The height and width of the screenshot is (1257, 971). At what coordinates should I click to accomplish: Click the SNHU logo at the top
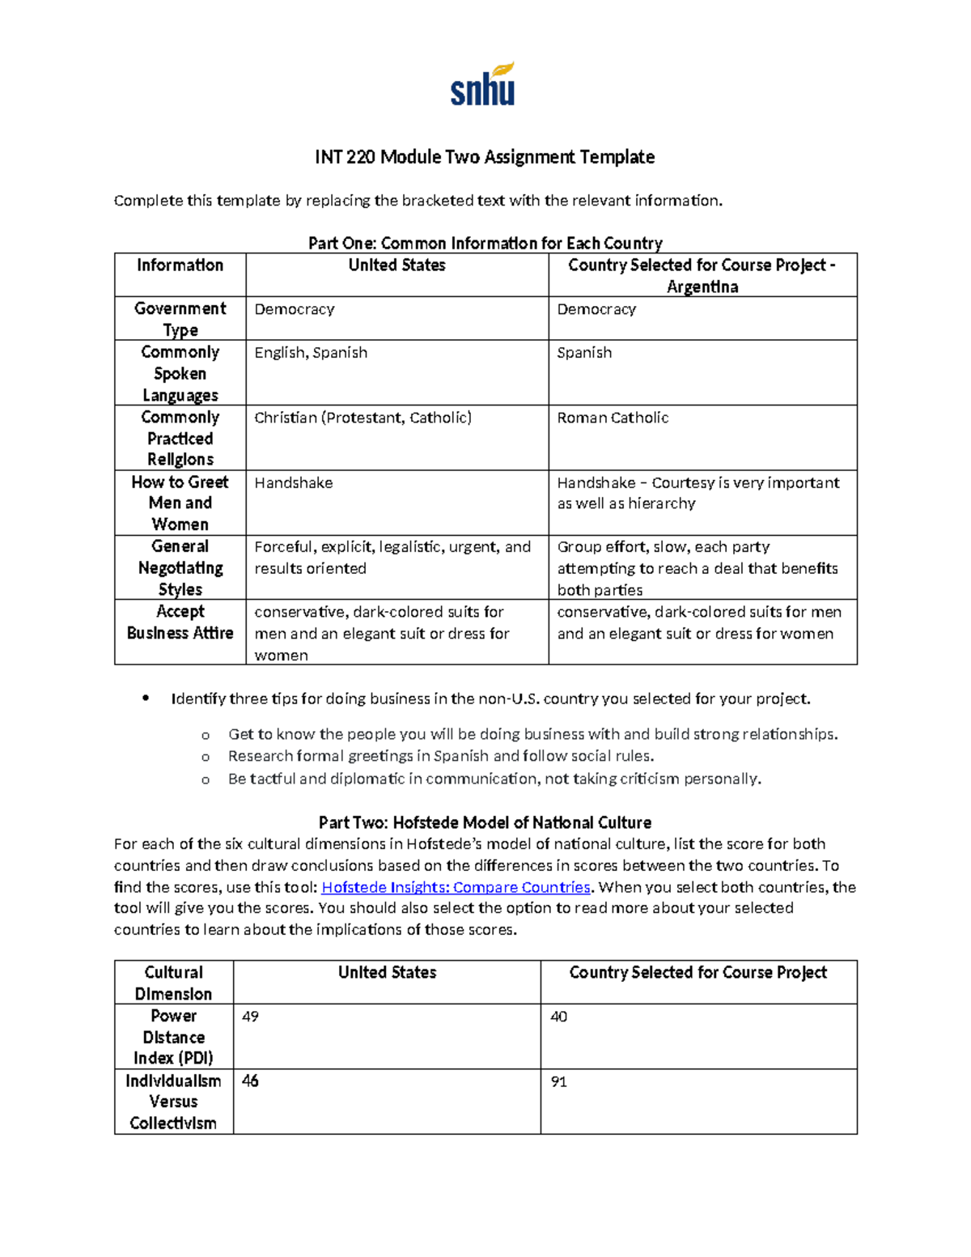click(483, 85)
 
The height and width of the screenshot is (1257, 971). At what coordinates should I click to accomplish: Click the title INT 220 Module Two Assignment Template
click(485, 157)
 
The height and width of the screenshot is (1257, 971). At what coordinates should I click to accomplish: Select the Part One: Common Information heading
click(485, 243)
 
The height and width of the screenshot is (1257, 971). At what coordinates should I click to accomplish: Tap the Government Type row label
click(180, 319)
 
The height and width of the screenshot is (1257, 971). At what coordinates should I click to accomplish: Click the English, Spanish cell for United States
click(311, 353)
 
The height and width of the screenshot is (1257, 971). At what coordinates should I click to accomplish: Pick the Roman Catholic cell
click(613, 418)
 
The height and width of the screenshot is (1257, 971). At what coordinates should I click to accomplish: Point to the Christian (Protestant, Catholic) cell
click(363, 418)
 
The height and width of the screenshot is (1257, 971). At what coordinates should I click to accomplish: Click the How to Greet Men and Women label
click(180, 503)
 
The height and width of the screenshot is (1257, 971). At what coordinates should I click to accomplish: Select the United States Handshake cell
click(294, 483)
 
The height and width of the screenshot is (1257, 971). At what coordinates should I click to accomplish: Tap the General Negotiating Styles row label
click(180, 568)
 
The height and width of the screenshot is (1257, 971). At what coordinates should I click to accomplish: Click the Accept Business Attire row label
click(180, 622)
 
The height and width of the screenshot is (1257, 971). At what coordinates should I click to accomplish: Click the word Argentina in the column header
click(702, 287)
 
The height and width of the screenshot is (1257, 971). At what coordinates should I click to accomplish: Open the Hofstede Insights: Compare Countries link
click(456, 887)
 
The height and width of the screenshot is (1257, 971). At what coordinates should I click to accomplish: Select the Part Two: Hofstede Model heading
click(485, 822)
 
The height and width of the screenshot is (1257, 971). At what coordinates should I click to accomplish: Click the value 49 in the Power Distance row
click(250, 1017)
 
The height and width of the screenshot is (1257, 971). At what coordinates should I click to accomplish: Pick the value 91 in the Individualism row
click(558, 1082)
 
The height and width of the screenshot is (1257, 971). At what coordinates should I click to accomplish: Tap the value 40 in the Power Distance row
click(558, 1017)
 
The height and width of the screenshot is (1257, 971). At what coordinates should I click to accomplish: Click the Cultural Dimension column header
click(173, 983)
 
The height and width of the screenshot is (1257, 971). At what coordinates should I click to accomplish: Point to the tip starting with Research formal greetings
click(441, 756)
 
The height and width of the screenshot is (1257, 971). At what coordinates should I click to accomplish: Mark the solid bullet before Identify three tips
click(146, 698)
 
